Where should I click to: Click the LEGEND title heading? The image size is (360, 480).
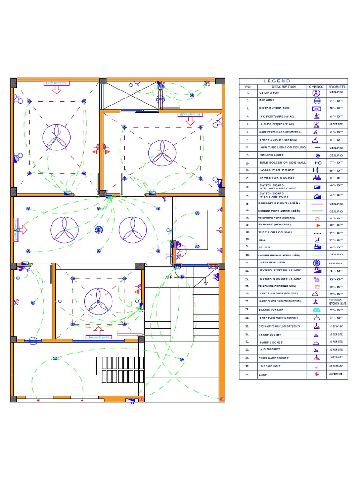[277, 81]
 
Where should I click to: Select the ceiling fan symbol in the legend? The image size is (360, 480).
[316, 93]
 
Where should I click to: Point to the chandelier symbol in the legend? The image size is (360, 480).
[316, 262]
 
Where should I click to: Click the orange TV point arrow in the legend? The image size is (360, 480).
[317, 225]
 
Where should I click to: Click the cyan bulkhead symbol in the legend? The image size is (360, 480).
[316, 310]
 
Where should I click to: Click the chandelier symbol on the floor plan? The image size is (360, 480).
[98, 230]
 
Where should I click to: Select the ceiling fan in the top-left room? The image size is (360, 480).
[56, 137]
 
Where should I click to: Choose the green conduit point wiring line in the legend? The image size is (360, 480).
[316, 211]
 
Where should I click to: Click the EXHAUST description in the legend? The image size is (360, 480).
[267, 100]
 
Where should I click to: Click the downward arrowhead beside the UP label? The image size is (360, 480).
[205, 283]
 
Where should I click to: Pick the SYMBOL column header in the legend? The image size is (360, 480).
[316, 87]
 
